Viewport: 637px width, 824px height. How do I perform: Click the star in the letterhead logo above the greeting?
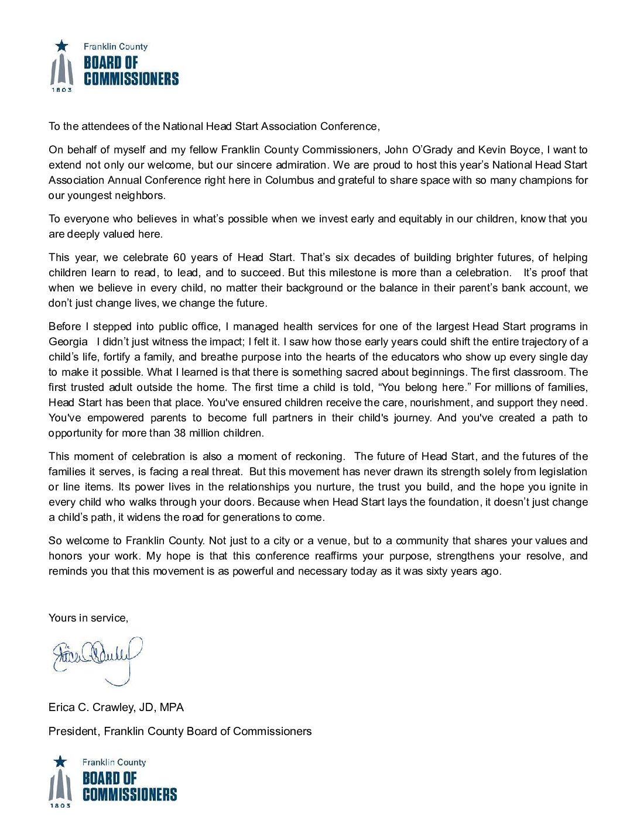(61, 46)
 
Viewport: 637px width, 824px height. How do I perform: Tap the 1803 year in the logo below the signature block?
(60, 806)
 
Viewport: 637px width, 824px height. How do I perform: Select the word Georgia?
(68, 342)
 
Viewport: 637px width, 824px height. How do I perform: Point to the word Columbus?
(290, 180)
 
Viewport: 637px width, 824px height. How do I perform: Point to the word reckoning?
(320, 456)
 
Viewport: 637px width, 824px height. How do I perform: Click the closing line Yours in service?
(88, 618)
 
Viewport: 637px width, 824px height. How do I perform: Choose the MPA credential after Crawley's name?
(172, 707)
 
